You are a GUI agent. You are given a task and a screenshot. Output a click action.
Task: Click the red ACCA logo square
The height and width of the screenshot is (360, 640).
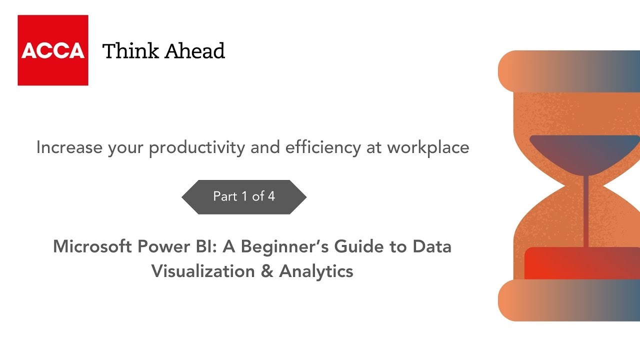[x=53, y=50]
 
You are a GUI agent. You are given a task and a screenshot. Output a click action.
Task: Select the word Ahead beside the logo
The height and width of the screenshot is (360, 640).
[x=194, y=51]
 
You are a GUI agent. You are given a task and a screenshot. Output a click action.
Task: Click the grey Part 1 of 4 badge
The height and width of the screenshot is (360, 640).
[x=244, y=196]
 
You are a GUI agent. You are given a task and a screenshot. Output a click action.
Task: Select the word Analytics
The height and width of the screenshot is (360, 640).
[x=316, y=271]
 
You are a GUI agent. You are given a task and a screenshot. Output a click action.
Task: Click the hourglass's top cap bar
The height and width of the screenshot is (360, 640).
[x=569, y=71]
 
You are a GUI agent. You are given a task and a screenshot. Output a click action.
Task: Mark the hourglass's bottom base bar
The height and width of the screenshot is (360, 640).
[x=569, y=300]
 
